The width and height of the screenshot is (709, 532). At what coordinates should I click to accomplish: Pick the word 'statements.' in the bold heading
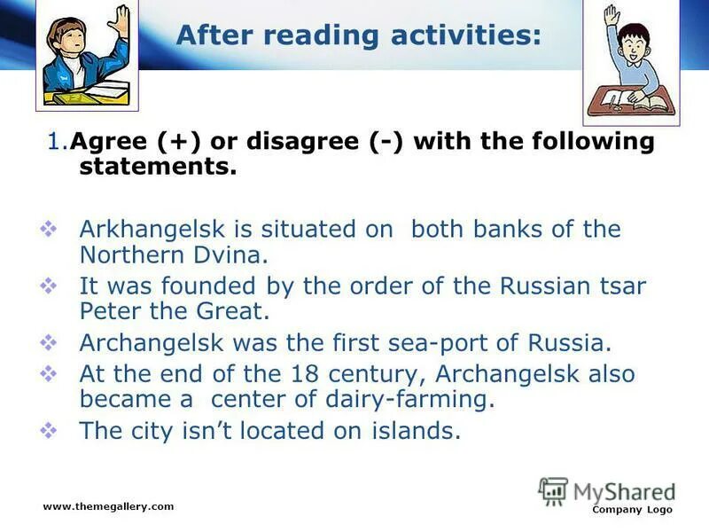coord(158,168)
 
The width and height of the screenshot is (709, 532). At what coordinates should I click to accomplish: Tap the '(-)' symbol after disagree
coord(389,142)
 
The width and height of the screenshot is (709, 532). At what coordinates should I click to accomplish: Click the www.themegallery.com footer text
coord(108,506)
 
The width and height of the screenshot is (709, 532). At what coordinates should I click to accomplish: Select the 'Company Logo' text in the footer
coord(632,510)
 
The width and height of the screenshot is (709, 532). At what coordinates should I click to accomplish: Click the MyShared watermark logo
coord(607,490)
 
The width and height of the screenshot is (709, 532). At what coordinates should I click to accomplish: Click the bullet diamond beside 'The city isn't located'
coord(51,432)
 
